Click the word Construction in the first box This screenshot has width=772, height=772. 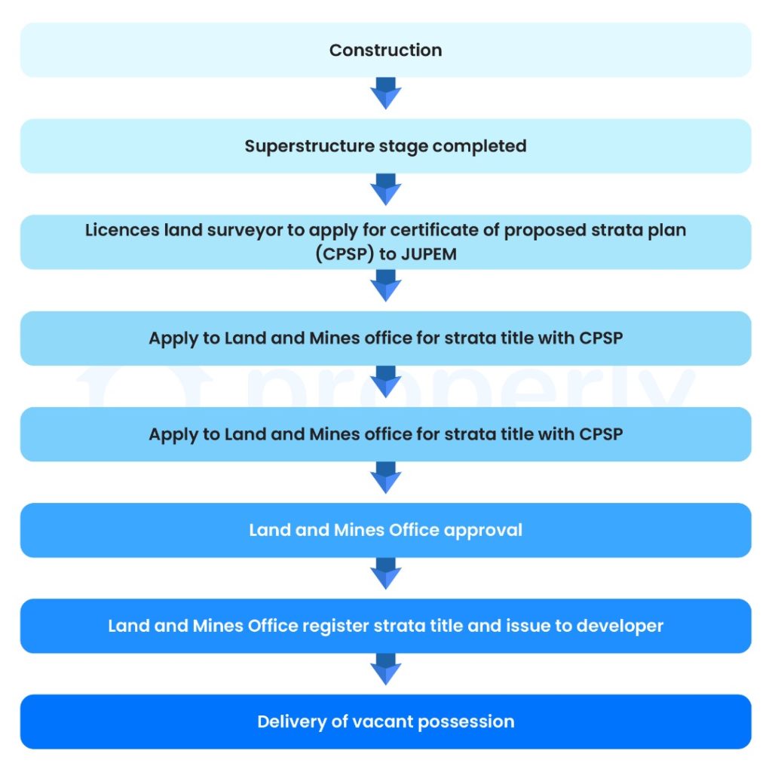385,51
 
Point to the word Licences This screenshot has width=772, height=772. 121,230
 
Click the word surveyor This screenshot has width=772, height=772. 244,230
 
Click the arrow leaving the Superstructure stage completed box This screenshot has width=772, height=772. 386,189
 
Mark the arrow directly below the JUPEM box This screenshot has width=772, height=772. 386,286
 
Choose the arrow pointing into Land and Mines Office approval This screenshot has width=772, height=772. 386,477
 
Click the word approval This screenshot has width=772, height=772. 482,530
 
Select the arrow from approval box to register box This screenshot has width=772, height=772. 386,574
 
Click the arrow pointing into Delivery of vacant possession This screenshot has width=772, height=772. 386,669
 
